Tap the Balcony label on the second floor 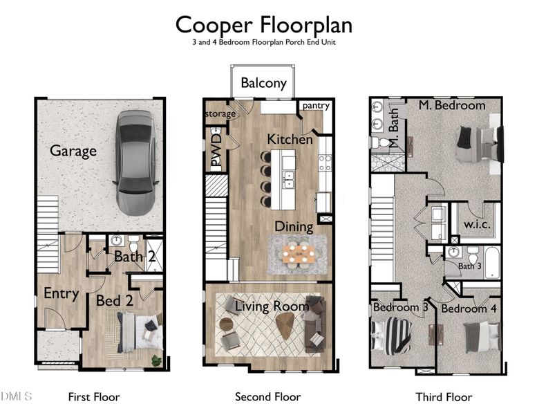click(263, 83)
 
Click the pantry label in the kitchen click(316, 106)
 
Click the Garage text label click(73, 151)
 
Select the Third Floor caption click(444, 397)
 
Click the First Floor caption click(94, 397)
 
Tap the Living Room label click(271, 305)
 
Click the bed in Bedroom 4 click(482, 338)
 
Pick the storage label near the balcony click(220, 113)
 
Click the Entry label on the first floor click(61, 293)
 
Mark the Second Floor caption click(267, 397)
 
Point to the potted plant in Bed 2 click(157, 360)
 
